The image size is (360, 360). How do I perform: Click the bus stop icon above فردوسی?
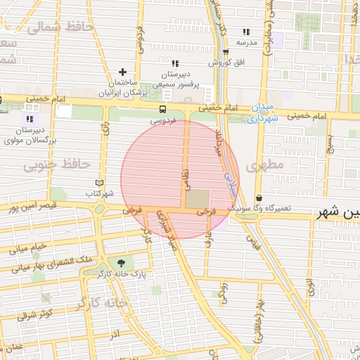tap(162, 109)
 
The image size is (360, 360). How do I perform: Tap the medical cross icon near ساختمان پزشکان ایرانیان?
tap(123, 72)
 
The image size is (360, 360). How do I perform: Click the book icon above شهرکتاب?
tap(98, 183)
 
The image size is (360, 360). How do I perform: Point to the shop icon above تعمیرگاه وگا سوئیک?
tap(259, 198)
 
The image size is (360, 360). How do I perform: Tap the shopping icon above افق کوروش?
tap(225, 52)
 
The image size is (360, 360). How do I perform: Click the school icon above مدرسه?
tap(246, 32)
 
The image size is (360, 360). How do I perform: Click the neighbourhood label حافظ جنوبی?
tap(58, 165)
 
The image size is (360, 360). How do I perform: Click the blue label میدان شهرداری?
tap(262, 112)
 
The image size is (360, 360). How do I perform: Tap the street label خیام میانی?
tap(27, 246)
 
